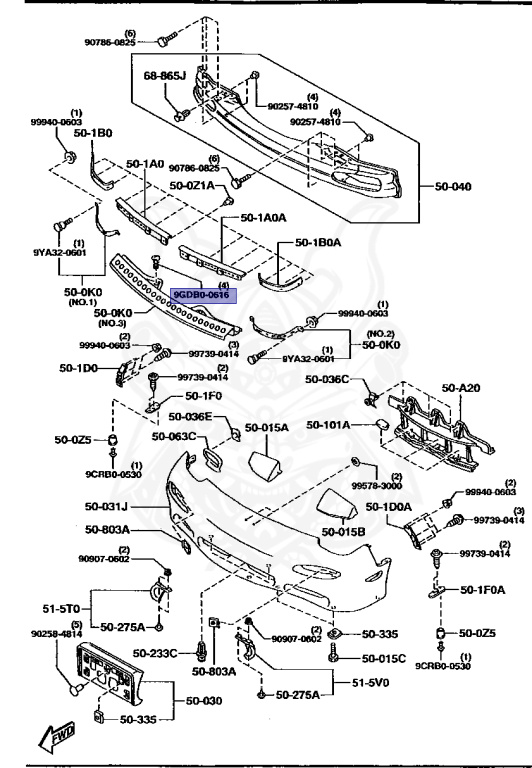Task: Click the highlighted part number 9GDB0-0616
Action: click(x=202, y=296)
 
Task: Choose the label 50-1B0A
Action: click(x=318, y=241)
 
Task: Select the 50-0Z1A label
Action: click(x=192, y=186)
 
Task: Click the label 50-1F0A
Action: click(x=483, y=590)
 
